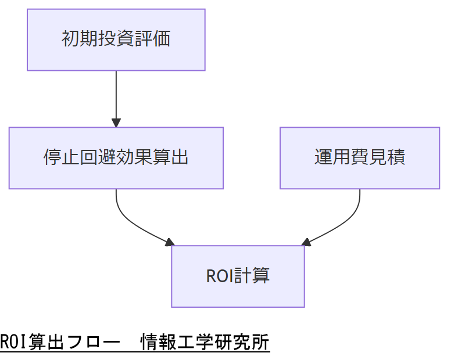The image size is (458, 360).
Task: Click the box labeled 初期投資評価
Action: (116, 39)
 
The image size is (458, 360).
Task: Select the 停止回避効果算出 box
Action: (116, 158)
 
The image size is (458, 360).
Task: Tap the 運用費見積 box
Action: (359, 158)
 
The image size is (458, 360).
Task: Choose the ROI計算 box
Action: (238, 276)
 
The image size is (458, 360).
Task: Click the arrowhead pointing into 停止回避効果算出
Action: (116, 123)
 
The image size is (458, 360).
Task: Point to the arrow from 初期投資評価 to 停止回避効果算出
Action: (116, 96)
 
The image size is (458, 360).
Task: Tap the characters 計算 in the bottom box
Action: (252, 276)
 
